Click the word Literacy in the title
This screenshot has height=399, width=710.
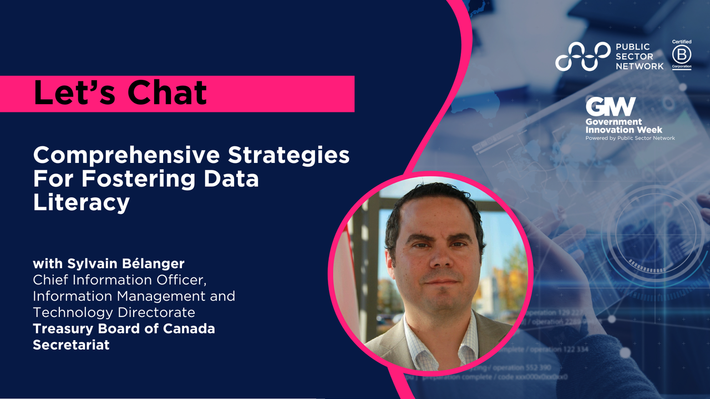click(81, 202)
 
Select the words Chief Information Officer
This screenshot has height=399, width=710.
click(119, 280)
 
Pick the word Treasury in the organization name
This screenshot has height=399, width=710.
click(64, 329)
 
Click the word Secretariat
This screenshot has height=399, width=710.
click(71, 345)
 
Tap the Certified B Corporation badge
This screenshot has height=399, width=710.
click(682, 55)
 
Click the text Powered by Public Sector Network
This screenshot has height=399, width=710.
click(630, 138)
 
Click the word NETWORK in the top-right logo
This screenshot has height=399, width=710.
click(639, 66)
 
